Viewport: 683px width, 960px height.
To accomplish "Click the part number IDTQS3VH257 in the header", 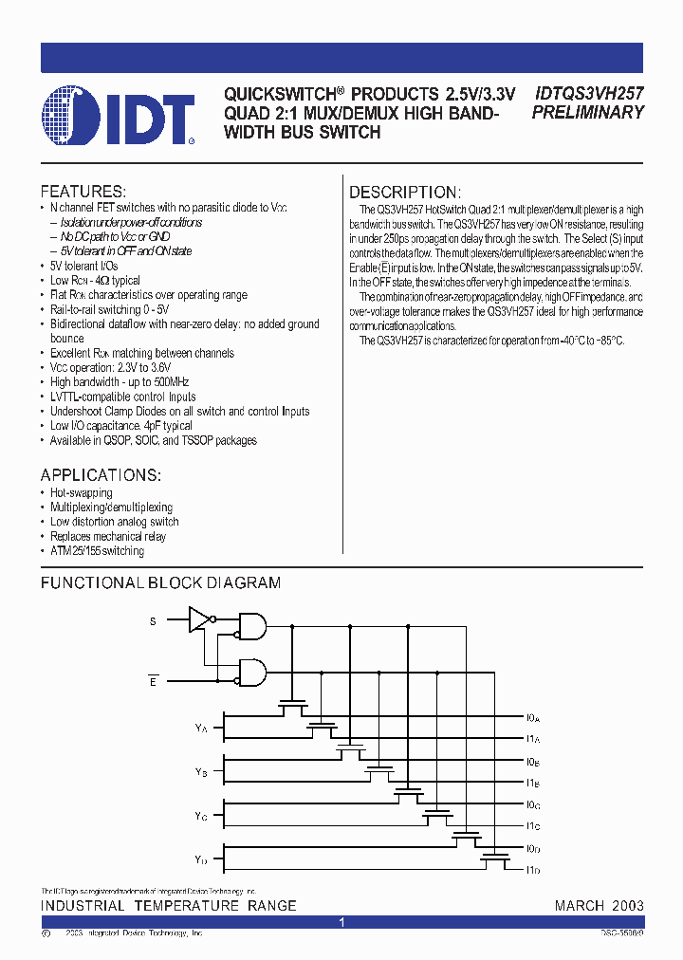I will click(x=589, y=94).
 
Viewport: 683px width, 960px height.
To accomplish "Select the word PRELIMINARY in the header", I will click(x=588, y=112).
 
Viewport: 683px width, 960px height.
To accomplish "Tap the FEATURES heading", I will click(x=83, y=192).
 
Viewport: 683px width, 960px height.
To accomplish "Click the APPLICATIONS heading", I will click(x=101, y=474).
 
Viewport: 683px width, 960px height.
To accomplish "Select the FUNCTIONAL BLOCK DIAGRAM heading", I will click(x=160, y=582).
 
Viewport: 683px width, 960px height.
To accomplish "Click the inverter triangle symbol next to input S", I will click(x=199, y=620).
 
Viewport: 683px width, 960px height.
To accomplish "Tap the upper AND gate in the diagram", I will click(x=251, y=624).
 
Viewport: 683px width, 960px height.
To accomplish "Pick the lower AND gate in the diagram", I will click(x=251, y=672).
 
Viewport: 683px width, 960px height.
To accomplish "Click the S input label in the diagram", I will click(x=153, y=621).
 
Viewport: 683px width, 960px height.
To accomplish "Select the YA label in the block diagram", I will click(x=201, y=728).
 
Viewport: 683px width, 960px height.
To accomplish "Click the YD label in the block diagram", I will click(x=201, y=859).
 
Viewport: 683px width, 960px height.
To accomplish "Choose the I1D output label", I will click(x=532, y=871).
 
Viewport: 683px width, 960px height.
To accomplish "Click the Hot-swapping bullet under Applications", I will click(x=82, y=493).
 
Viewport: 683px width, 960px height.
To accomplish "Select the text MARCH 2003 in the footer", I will click(x=599, y=906).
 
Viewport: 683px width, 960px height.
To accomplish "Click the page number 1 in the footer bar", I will click(x=341, y=922).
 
